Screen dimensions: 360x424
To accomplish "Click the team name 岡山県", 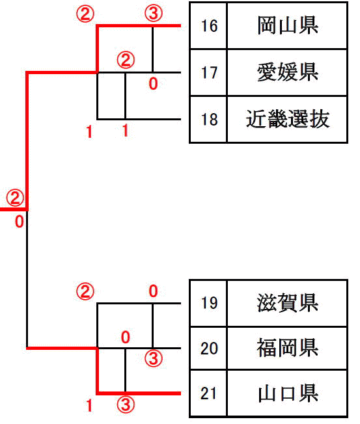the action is pyautogui.click(x=288, y=26).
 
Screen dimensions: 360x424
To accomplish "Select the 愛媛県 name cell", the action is pyautogui.click(x=288, y=72).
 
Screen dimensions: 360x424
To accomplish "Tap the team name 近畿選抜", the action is pyautogui.click(x=288, y=119).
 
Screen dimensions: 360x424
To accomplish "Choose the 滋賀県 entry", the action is pyautogui.click(x=288, y=303).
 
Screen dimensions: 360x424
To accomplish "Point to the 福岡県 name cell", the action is pyautogui.click(x=288, y=348).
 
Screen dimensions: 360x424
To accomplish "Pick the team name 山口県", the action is pyautogui.click(x=288, y=393).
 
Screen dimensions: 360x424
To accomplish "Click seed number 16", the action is pyautogui.click(x=209, y=26).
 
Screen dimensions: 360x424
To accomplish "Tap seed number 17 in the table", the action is pyautogui.click(x=209, y=73).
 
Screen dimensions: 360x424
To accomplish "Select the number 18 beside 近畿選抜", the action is pyautogui.click(x=209, y=119).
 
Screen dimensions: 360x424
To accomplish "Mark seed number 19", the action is pyautogui.click(x=209, y=303).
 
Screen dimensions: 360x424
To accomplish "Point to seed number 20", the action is pyautogui.click(x=209, y=349).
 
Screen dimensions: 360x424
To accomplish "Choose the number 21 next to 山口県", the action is pyautogui.click(x=208, y=393).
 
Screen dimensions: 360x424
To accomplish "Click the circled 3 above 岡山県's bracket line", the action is pyautogui.click(x=154, y=14).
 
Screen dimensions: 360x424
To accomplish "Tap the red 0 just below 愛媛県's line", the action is pyautogui.click(x=153, y=83).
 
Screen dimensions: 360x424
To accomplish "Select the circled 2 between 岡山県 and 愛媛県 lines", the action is pyautogui.click(x=126, y=60).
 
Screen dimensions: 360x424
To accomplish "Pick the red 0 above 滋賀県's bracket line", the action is pyautogui.click(x=153, y=291).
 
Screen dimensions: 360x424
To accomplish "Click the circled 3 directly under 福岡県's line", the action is pyautogui.click(x=154, y=359).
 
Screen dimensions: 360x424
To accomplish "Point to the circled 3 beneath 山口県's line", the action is pyautogui.click(x=126, y=404).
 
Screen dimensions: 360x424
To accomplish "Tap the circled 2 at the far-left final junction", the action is pyautogui.click(x=15, y=198).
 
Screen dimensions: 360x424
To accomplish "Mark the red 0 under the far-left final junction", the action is pyautogui.click(x=20, y=222).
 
